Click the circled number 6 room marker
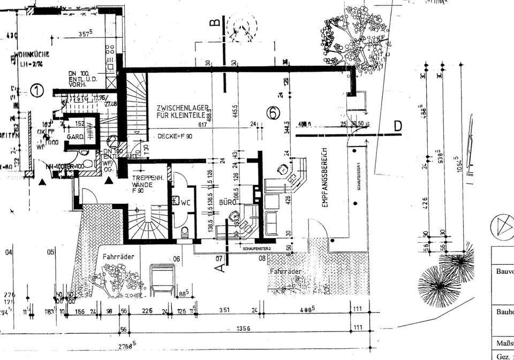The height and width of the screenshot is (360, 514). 274,112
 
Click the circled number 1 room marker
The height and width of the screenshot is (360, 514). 36,90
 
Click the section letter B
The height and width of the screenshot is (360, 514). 214,23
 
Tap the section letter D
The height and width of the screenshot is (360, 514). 397,126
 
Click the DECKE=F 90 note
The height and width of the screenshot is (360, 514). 175,136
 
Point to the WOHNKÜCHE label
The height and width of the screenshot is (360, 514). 32,54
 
